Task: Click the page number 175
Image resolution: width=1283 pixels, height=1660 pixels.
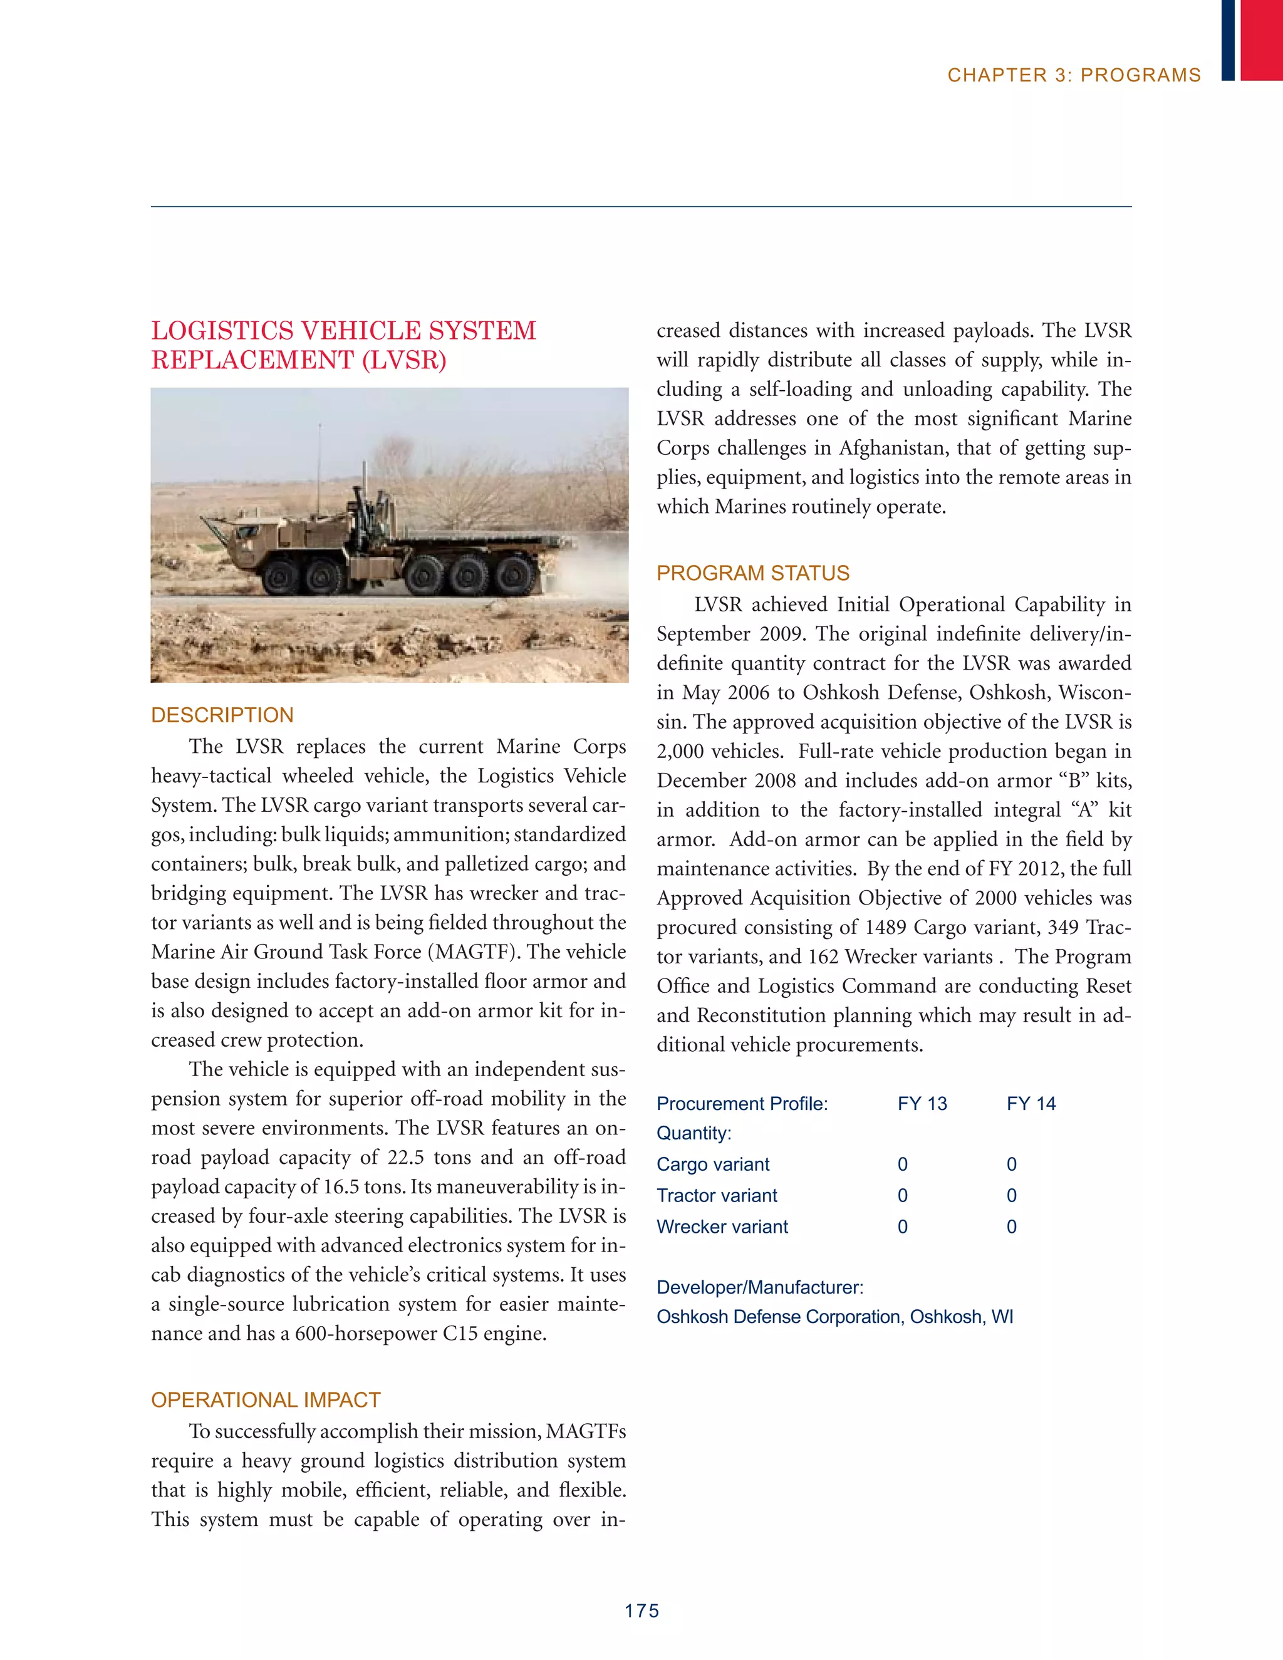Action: pyautogui.click(x=641, y=1611)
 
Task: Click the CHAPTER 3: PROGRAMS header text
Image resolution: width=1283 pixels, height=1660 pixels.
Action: pyautogui.click(x=1073, y=75)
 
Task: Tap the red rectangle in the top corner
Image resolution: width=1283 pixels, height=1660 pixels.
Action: pyautogui.click(x=1261, y=39)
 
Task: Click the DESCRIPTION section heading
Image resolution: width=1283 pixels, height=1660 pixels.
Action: pyautogui.click(x=222, y=715)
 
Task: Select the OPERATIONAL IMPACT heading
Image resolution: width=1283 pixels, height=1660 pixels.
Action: pyautogui.click(x=265, y=1399)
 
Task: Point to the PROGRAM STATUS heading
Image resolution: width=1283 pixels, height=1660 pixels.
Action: pyautogui.click(x=752, y=573)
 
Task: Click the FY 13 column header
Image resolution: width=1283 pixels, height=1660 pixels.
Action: pyautogui.click(x=922, y=1103)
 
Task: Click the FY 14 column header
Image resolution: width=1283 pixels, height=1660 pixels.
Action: pyautogui.click(x=1031, y=1103)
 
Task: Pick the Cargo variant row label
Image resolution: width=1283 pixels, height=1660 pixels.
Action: pyautogui.click(x=712, y=1164)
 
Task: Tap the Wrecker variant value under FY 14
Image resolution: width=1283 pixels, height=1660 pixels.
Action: pyautogui.click(x=1011, y=1226)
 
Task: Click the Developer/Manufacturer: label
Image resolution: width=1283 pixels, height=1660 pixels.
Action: pyautogui.click(x=759, y=1287)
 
